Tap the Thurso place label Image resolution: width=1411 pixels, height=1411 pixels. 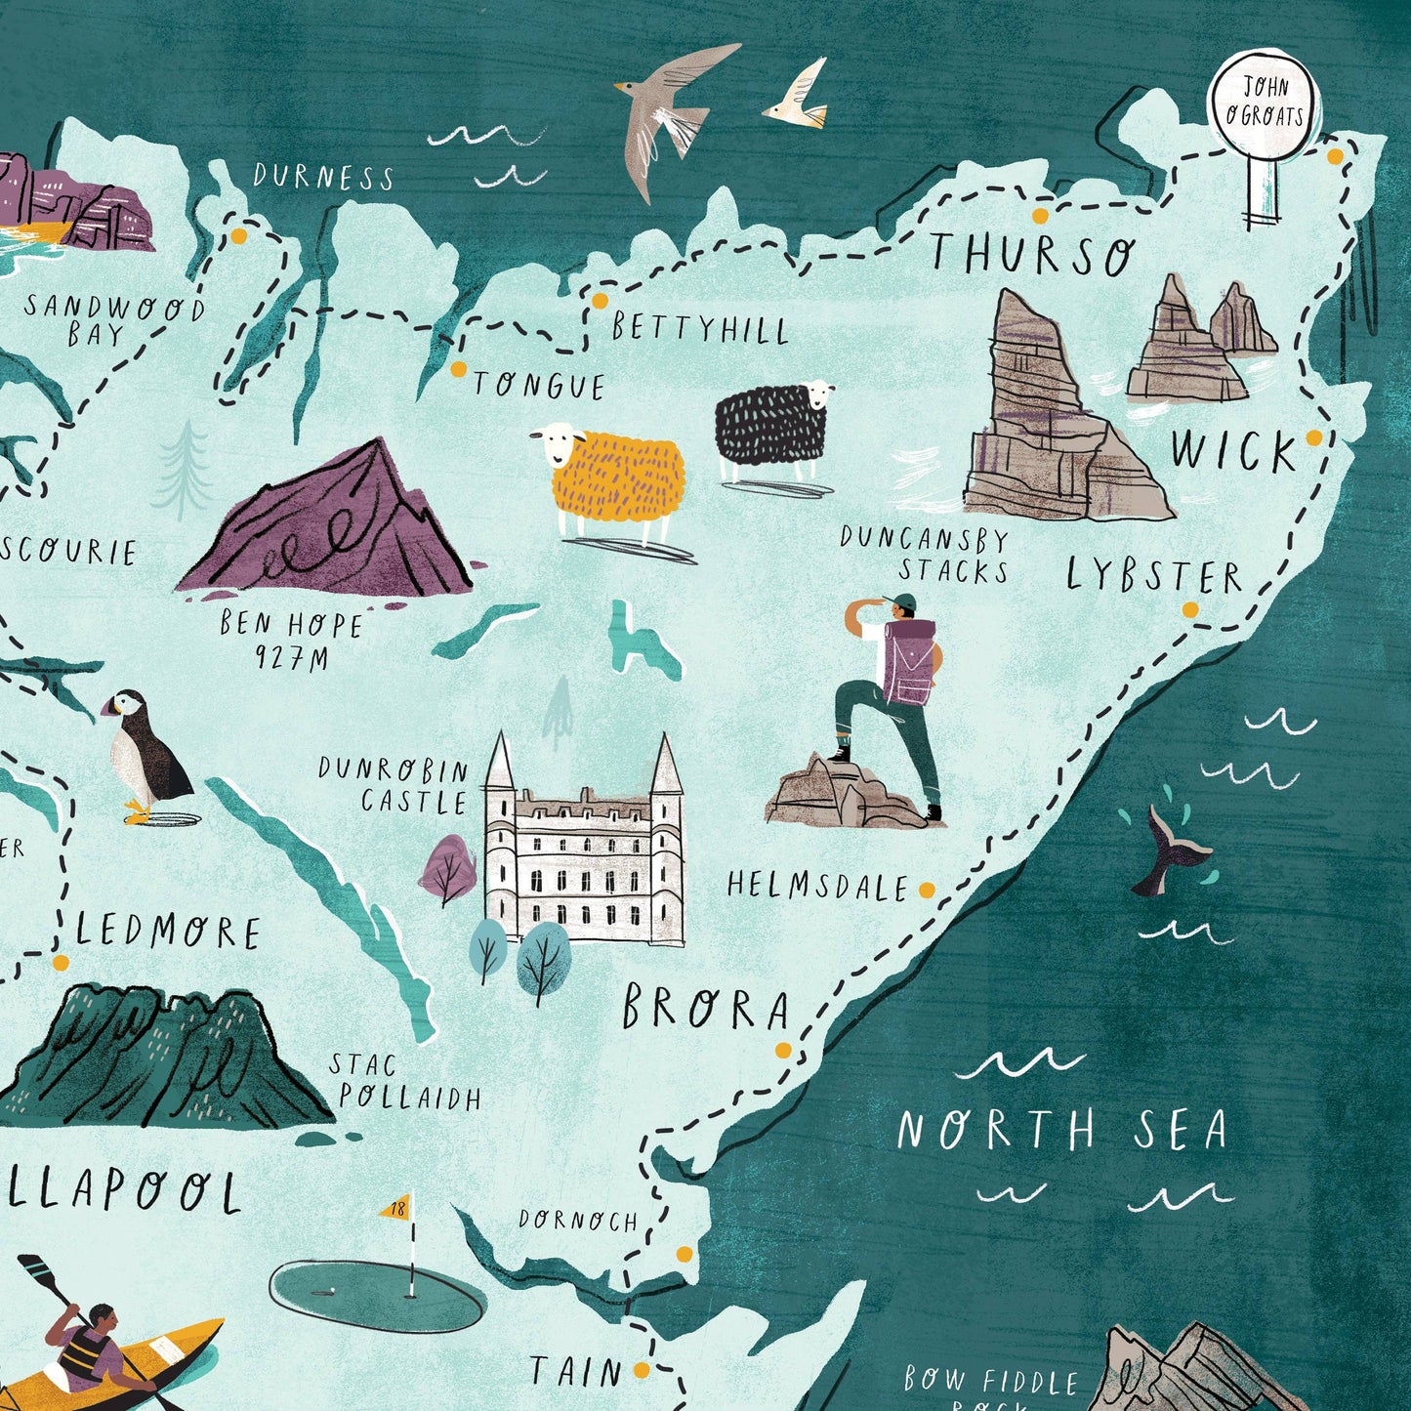[x=1032, y=254]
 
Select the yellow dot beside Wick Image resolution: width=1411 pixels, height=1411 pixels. [x=1313, y=436]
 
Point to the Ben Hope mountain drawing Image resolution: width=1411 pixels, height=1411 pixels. [x=332, y=527]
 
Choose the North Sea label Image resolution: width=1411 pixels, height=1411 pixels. [x=1061, y=1130]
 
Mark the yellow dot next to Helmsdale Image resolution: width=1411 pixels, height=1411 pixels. [x=927, y=890]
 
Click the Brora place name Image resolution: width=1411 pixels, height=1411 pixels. [x=705, y=1009]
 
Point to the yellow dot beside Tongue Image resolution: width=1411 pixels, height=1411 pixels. [x=458, y=369]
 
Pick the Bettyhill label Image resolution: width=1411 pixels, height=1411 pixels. [x=700, y=329]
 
